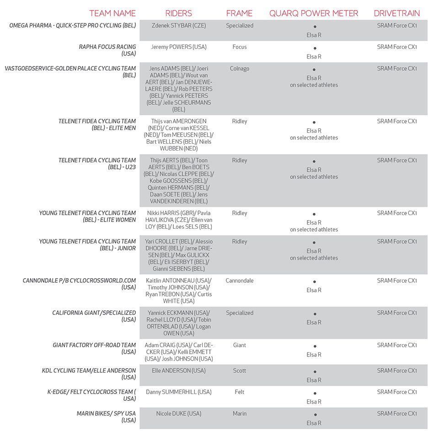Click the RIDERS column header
click(x=178, y=13)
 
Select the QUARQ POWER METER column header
click(x=314, y=13)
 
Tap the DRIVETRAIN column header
click(x=397, y=13)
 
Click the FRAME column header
click(x=239, y=13)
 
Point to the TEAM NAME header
click(x=112, y=13)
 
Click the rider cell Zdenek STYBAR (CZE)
click(x=179, y=26)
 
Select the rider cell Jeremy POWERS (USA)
click(x=179, y=47)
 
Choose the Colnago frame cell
click(x=240, y=69)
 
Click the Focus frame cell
click(x=240, y=47)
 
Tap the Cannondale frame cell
click(x=240, y=280)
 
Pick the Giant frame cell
click(x=240, y=345)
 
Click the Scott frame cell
click(x=240, y=371)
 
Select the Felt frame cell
click(x=240, y=392)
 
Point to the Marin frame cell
click(x=240, y=414)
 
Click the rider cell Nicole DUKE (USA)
click(x=179, y=414)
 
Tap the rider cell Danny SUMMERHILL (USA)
click(x=179, y=392)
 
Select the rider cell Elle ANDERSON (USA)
click(x=179, y=371)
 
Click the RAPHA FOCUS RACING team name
click(x=107, y=50)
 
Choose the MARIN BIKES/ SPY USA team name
click(x=107, y=417)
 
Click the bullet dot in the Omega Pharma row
click(x=315, y=27)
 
